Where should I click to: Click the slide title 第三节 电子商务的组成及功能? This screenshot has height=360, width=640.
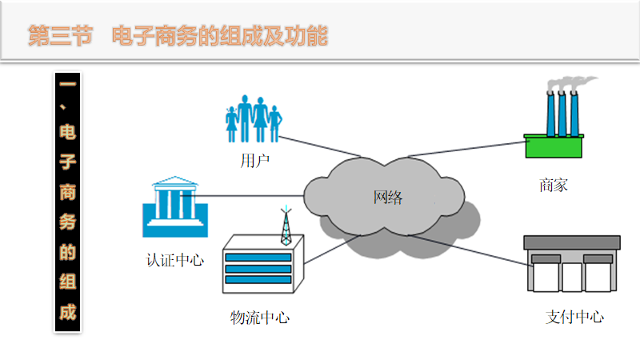tap(178, 36)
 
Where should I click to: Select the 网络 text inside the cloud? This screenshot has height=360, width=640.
tap(388, 197)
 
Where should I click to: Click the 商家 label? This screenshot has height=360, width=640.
tap(554, 186)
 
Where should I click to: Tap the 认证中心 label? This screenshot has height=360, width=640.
tap(174, 260)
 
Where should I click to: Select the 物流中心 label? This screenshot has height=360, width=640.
tap(260, 318)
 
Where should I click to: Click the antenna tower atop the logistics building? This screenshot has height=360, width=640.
tap(286, 226)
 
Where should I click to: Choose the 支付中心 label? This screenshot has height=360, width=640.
tap(574, 317)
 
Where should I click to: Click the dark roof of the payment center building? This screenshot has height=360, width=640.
tap(571, 242)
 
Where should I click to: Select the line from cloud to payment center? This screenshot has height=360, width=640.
tap(464, 249)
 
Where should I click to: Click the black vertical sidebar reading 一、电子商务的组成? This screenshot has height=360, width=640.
tap(68, 202)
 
